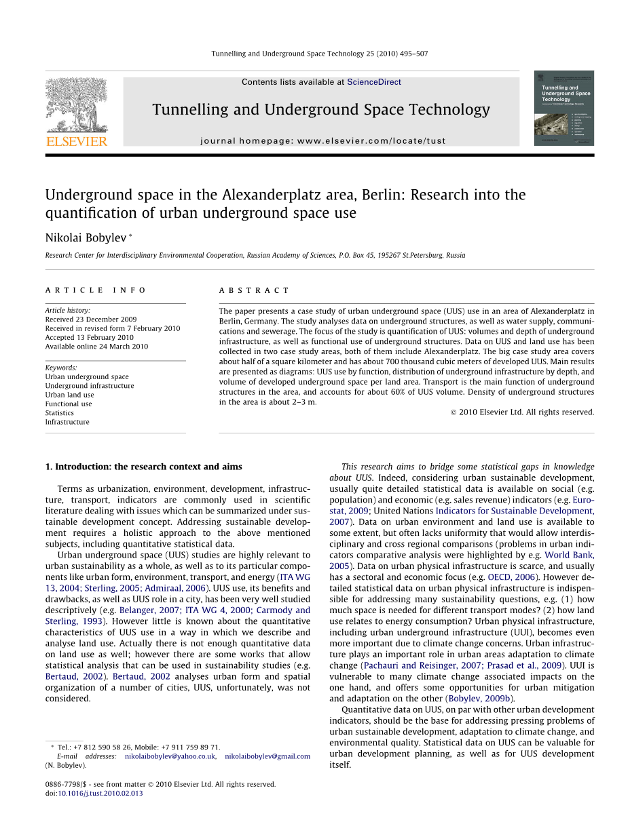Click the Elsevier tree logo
(x=76, y=104)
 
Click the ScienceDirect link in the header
(x=373, y=82)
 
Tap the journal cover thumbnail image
(x=564, y=108)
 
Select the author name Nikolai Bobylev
(x=86, y=237)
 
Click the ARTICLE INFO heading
(x=96, y=290)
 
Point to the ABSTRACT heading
(x=254, y=290)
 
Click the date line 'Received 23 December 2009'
(x=91, y=319)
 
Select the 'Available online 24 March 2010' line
(x=96, y=347)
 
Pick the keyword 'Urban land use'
(x=70, y=395)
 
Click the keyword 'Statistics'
(x=60, y=413)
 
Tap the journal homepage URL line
(x=323, y=141)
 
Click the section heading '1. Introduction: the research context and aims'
(x=143, y=467)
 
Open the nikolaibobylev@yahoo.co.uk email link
(x=170, y=756)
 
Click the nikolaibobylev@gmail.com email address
(x=267, y=756)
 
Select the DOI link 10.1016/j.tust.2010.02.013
(x=100, y=794)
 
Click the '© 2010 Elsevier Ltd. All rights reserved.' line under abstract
(x=522, y=412)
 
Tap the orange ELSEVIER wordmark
(x=76, y=142)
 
